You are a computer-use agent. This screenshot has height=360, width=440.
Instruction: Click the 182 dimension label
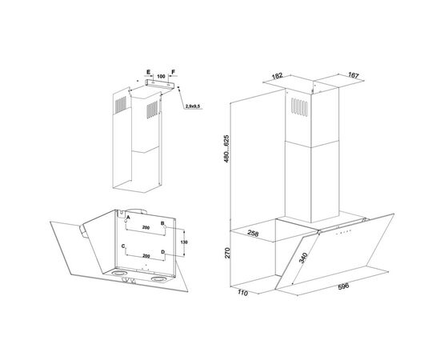277,76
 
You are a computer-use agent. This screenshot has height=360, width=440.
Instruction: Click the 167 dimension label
354,75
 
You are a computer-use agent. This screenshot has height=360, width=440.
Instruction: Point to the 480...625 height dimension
226,148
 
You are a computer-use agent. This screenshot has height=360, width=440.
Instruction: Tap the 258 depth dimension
253,233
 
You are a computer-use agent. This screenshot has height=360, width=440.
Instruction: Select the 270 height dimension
227,253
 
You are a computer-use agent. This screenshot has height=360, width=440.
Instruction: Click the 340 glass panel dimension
303,258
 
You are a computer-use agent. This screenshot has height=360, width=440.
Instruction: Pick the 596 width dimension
343,286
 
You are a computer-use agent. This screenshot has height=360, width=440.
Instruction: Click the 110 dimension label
242,293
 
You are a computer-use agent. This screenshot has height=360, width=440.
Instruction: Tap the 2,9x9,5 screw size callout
193,106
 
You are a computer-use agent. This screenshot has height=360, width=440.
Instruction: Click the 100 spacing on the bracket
161,76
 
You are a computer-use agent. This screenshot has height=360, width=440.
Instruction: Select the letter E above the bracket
149,72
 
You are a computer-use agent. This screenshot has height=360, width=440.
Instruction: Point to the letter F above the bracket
173,72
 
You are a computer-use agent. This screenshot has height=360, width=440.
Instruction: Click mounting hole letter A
128,217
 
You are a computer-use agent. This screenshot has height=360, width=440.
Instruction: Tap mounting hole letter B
162,223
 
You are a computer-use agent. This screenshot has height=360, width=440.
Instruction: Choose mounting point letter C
123,246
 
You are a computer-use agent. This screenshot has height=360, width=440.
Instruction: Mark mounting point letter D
162,252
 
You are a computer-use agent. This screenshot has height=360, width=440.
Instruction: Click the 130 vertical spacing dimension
184,242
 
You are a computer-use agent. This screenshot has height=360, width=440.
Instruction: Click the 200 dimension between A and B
146,227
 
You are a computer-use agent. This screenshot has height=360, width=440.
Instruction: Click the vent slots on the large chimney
299,107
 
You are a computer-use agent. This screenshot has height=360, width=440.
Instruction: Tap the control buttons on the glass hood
344,232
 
